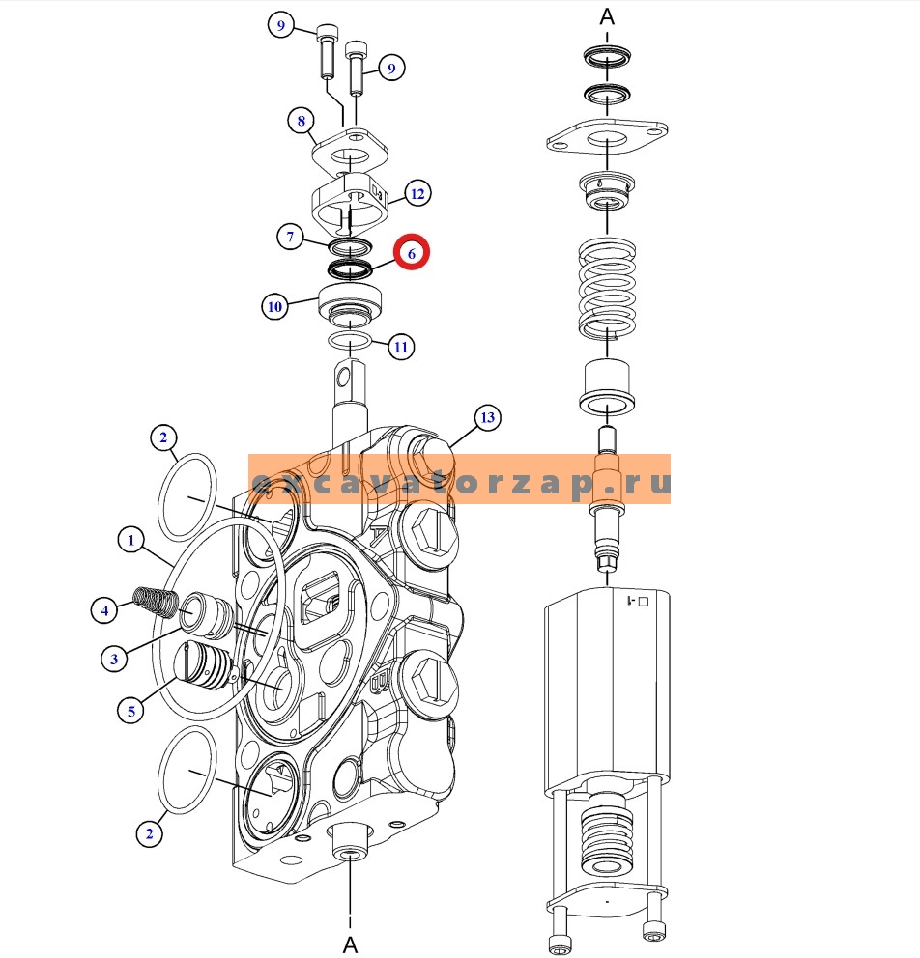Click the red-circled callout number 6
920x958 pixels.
412,253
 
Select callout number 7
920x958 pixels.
290,237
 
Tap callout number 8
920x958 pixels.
301,121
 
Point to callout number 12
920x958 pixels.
417,194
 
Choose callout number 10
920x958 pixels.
275,306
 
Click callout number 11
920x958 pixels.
401,347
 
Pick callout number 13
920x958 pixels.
487,417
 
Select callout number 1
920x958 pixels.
130,540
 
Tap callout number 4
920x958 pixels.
104,609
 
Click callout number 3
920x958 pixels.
114,659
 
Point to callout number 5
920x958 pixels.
130,711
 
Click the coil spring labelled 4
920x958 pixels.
156,601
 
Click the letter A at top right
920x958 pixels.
607,16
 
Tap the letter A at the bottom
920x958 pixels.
350,944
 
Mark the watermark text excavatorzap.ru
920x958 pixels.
460,482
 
